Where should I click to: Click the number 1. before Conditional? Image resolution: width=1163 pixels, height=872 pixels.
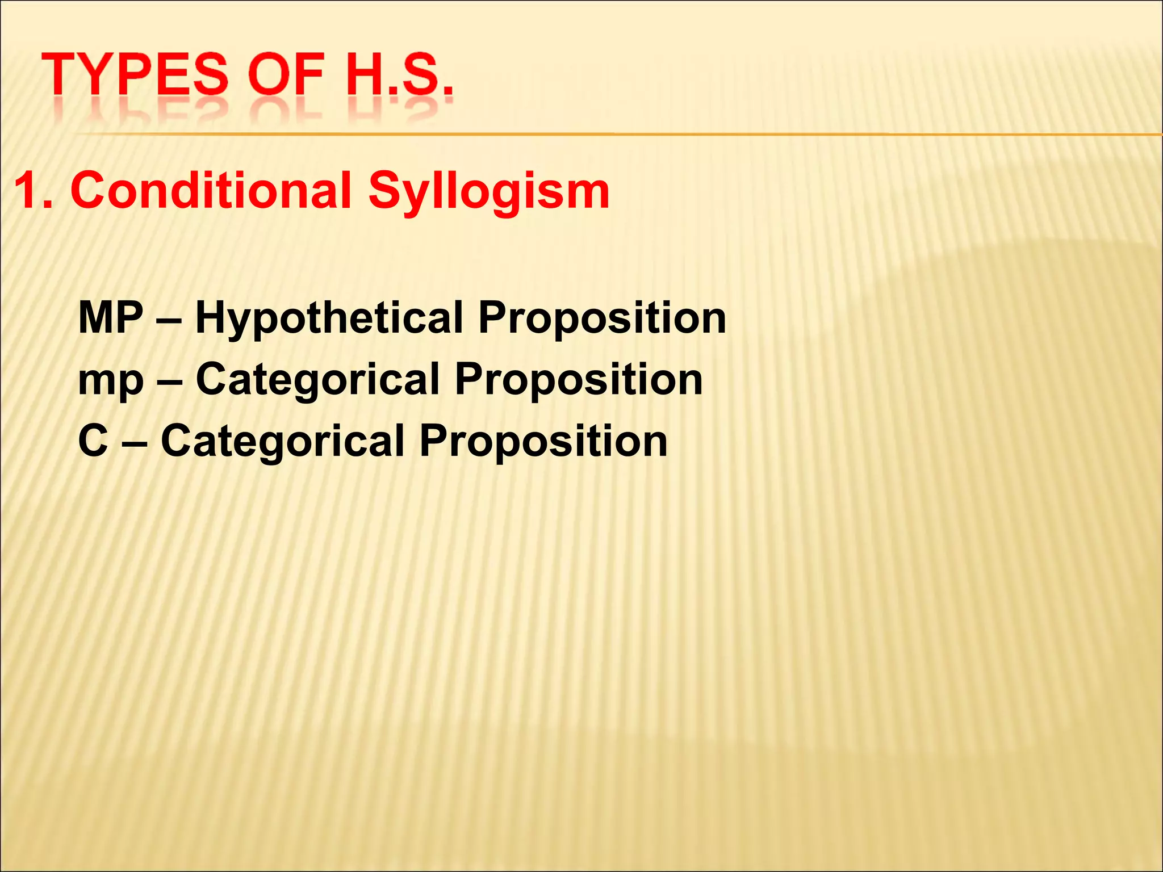(35, 191)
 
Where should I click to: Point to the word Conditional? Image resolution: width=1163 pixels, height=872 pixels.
(211, 191)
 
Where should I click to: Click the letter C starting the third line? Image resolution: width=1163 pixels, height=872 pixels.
(93, 441)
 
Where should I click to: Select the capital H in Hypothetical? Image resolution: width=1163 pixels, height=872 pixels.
(210, 317)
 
